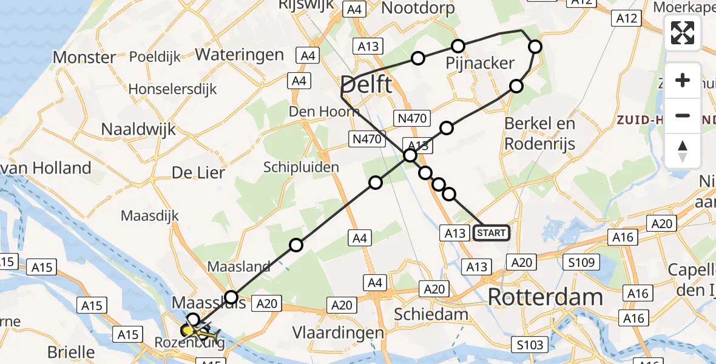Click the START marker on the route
(491, 233)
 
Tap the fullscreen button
(683, 33)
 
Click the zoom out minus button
(683, 115)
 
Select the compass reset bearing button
(683, 151)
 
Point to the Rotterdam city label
(545, 297)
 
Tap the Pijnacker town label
(480, 63)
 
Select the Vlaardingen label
(338, 333)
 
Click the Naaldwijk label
(138, 129)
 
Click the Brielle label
(72, 351)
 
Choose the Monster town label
(84, 58)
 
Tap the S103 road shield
(530, 345)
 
